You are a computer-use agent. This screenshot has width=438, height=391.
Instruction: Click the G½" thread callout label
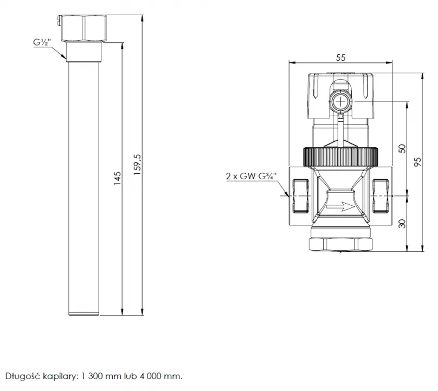click(x=42, y=42)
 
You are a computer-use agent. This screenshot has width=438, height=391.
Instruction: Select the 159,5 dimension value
click(x=138, y=165)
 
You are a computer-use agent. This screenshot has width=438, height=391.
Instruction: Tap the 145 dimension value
click(x=118, y=178)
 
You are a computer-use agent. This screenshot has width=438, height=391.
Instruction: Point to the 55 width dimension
click(x=340, y=58)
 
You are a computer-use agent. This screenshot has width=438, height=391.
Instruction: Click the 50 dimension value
click(x=402, y=148)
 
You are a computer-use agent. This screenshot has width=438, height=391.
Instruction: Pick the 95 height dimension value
click(x=417, y=162)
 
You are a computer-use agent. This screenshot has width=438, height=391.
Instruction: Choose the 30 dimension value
click(x=402, y=224)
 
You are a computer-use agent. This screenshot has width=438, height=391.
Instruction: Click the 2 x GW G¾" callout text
click(x=251, y=176)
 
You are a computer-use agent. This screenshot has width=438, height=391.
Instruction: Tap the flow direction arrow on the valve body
click(x=340, y=207)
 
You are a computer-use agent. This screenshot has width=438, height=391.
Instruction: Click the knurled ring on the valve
click(x=340, y=157)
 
